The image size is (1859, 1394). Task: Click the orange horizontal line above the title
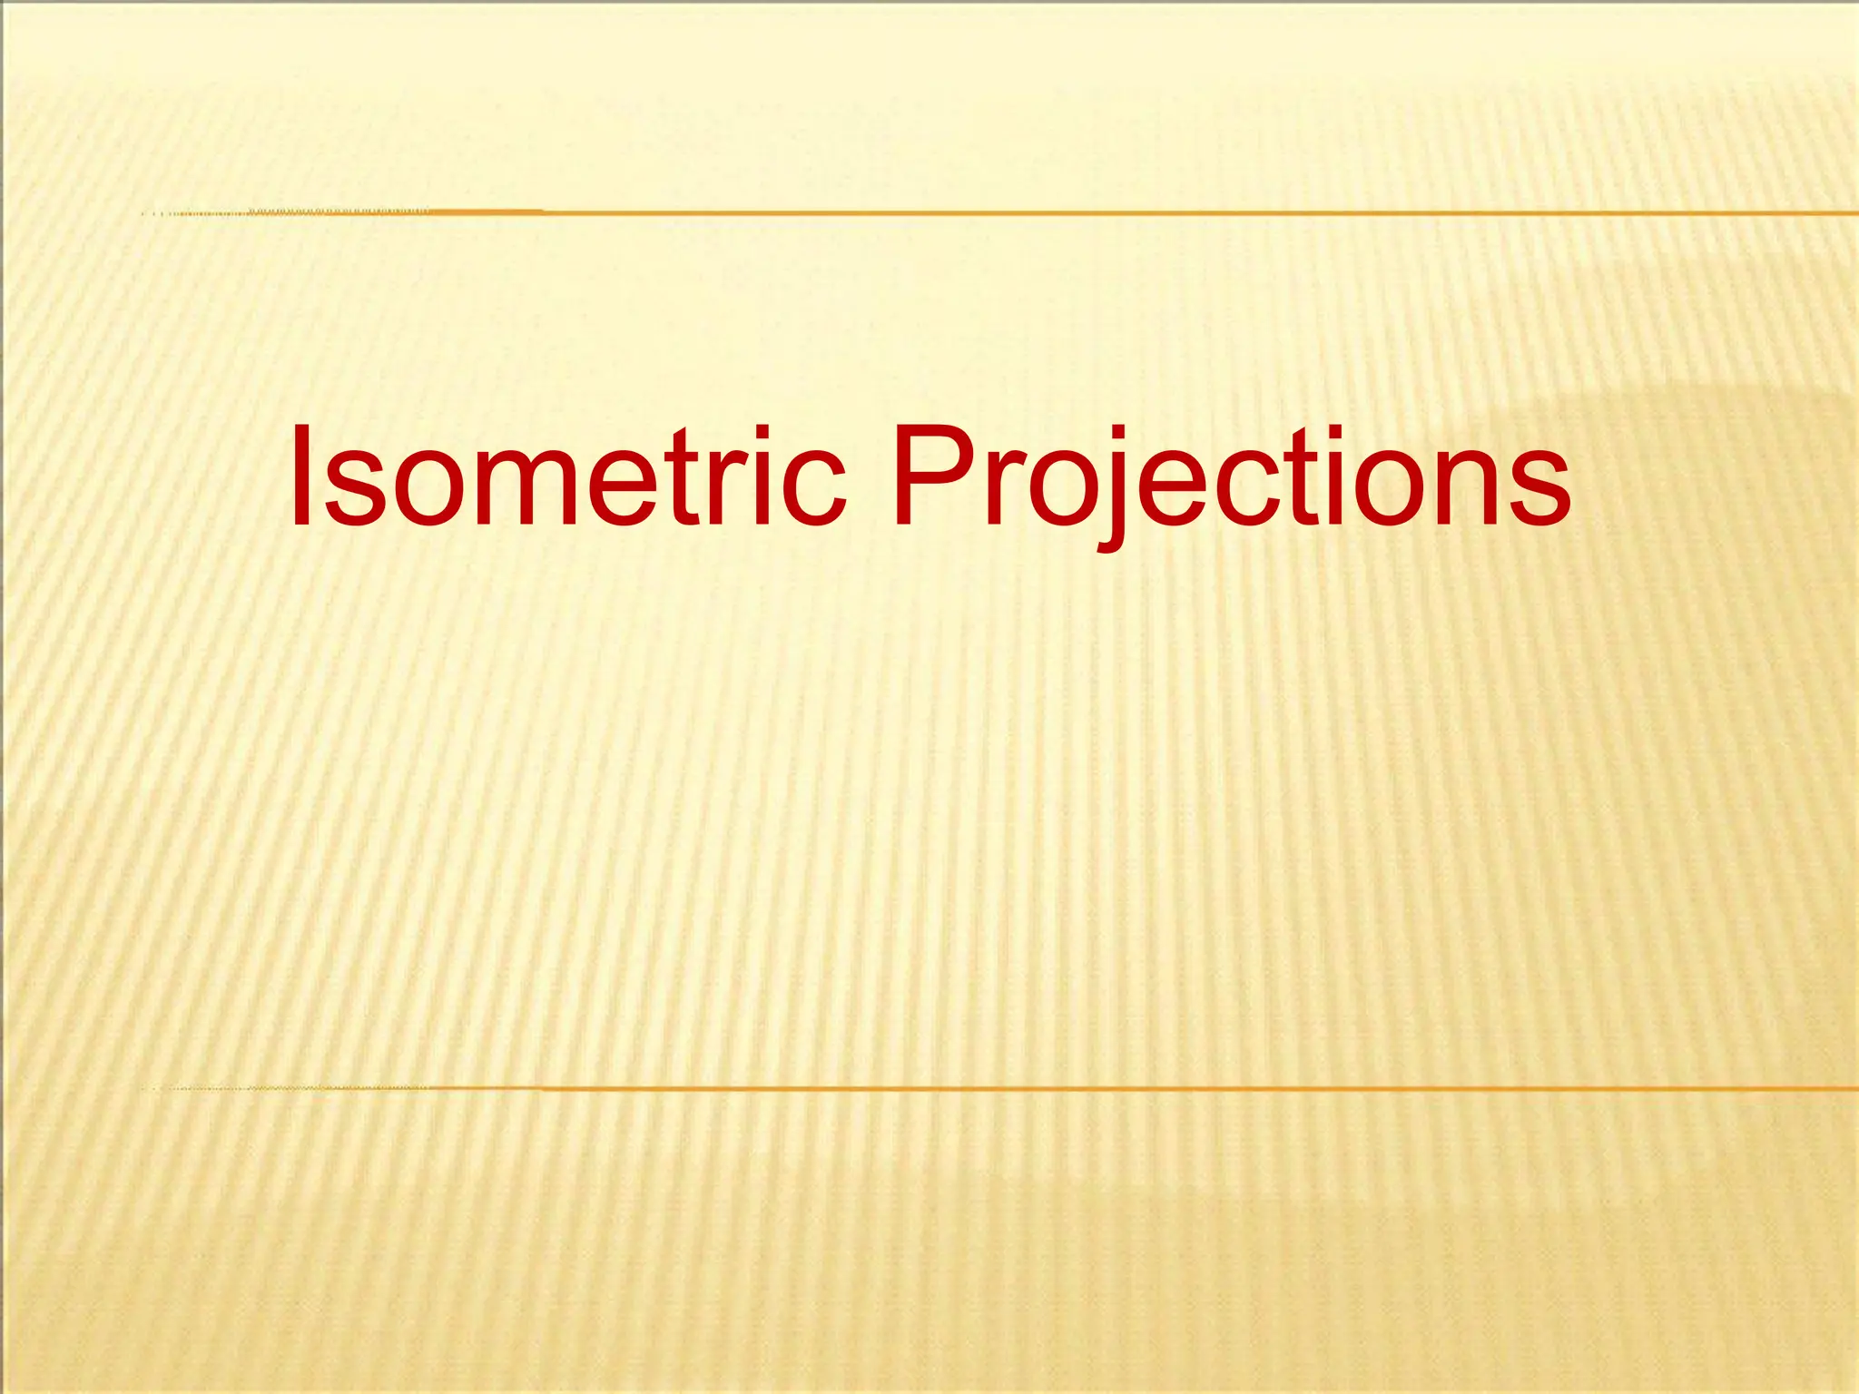point(1089,212)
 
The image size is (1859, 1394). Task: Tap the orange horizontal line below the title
point(1089,1087)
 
